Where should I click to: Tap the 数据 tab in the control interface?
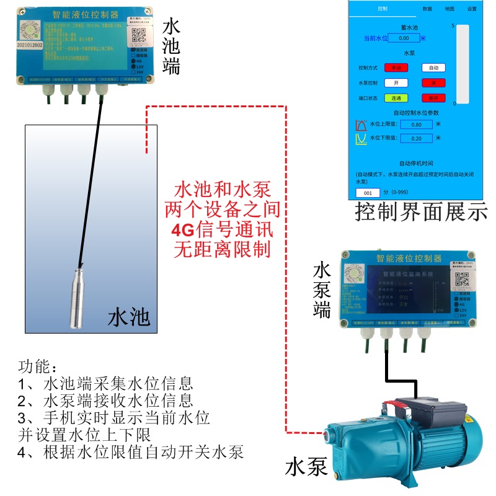(427, 9)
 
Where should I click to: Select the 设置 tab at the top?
(472, 9)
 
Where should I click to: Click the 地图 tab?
(449, 9)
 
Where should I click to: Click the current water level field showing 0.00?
(404, 38)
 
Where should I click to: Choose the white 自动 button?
(434, 68)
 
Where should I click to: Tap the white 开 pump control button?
(396, 82)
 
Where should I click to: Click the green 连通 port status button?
(396, 98)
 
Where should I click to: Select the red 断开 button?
(434, 98)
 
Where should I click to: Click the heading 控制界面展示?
(421, 213)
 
